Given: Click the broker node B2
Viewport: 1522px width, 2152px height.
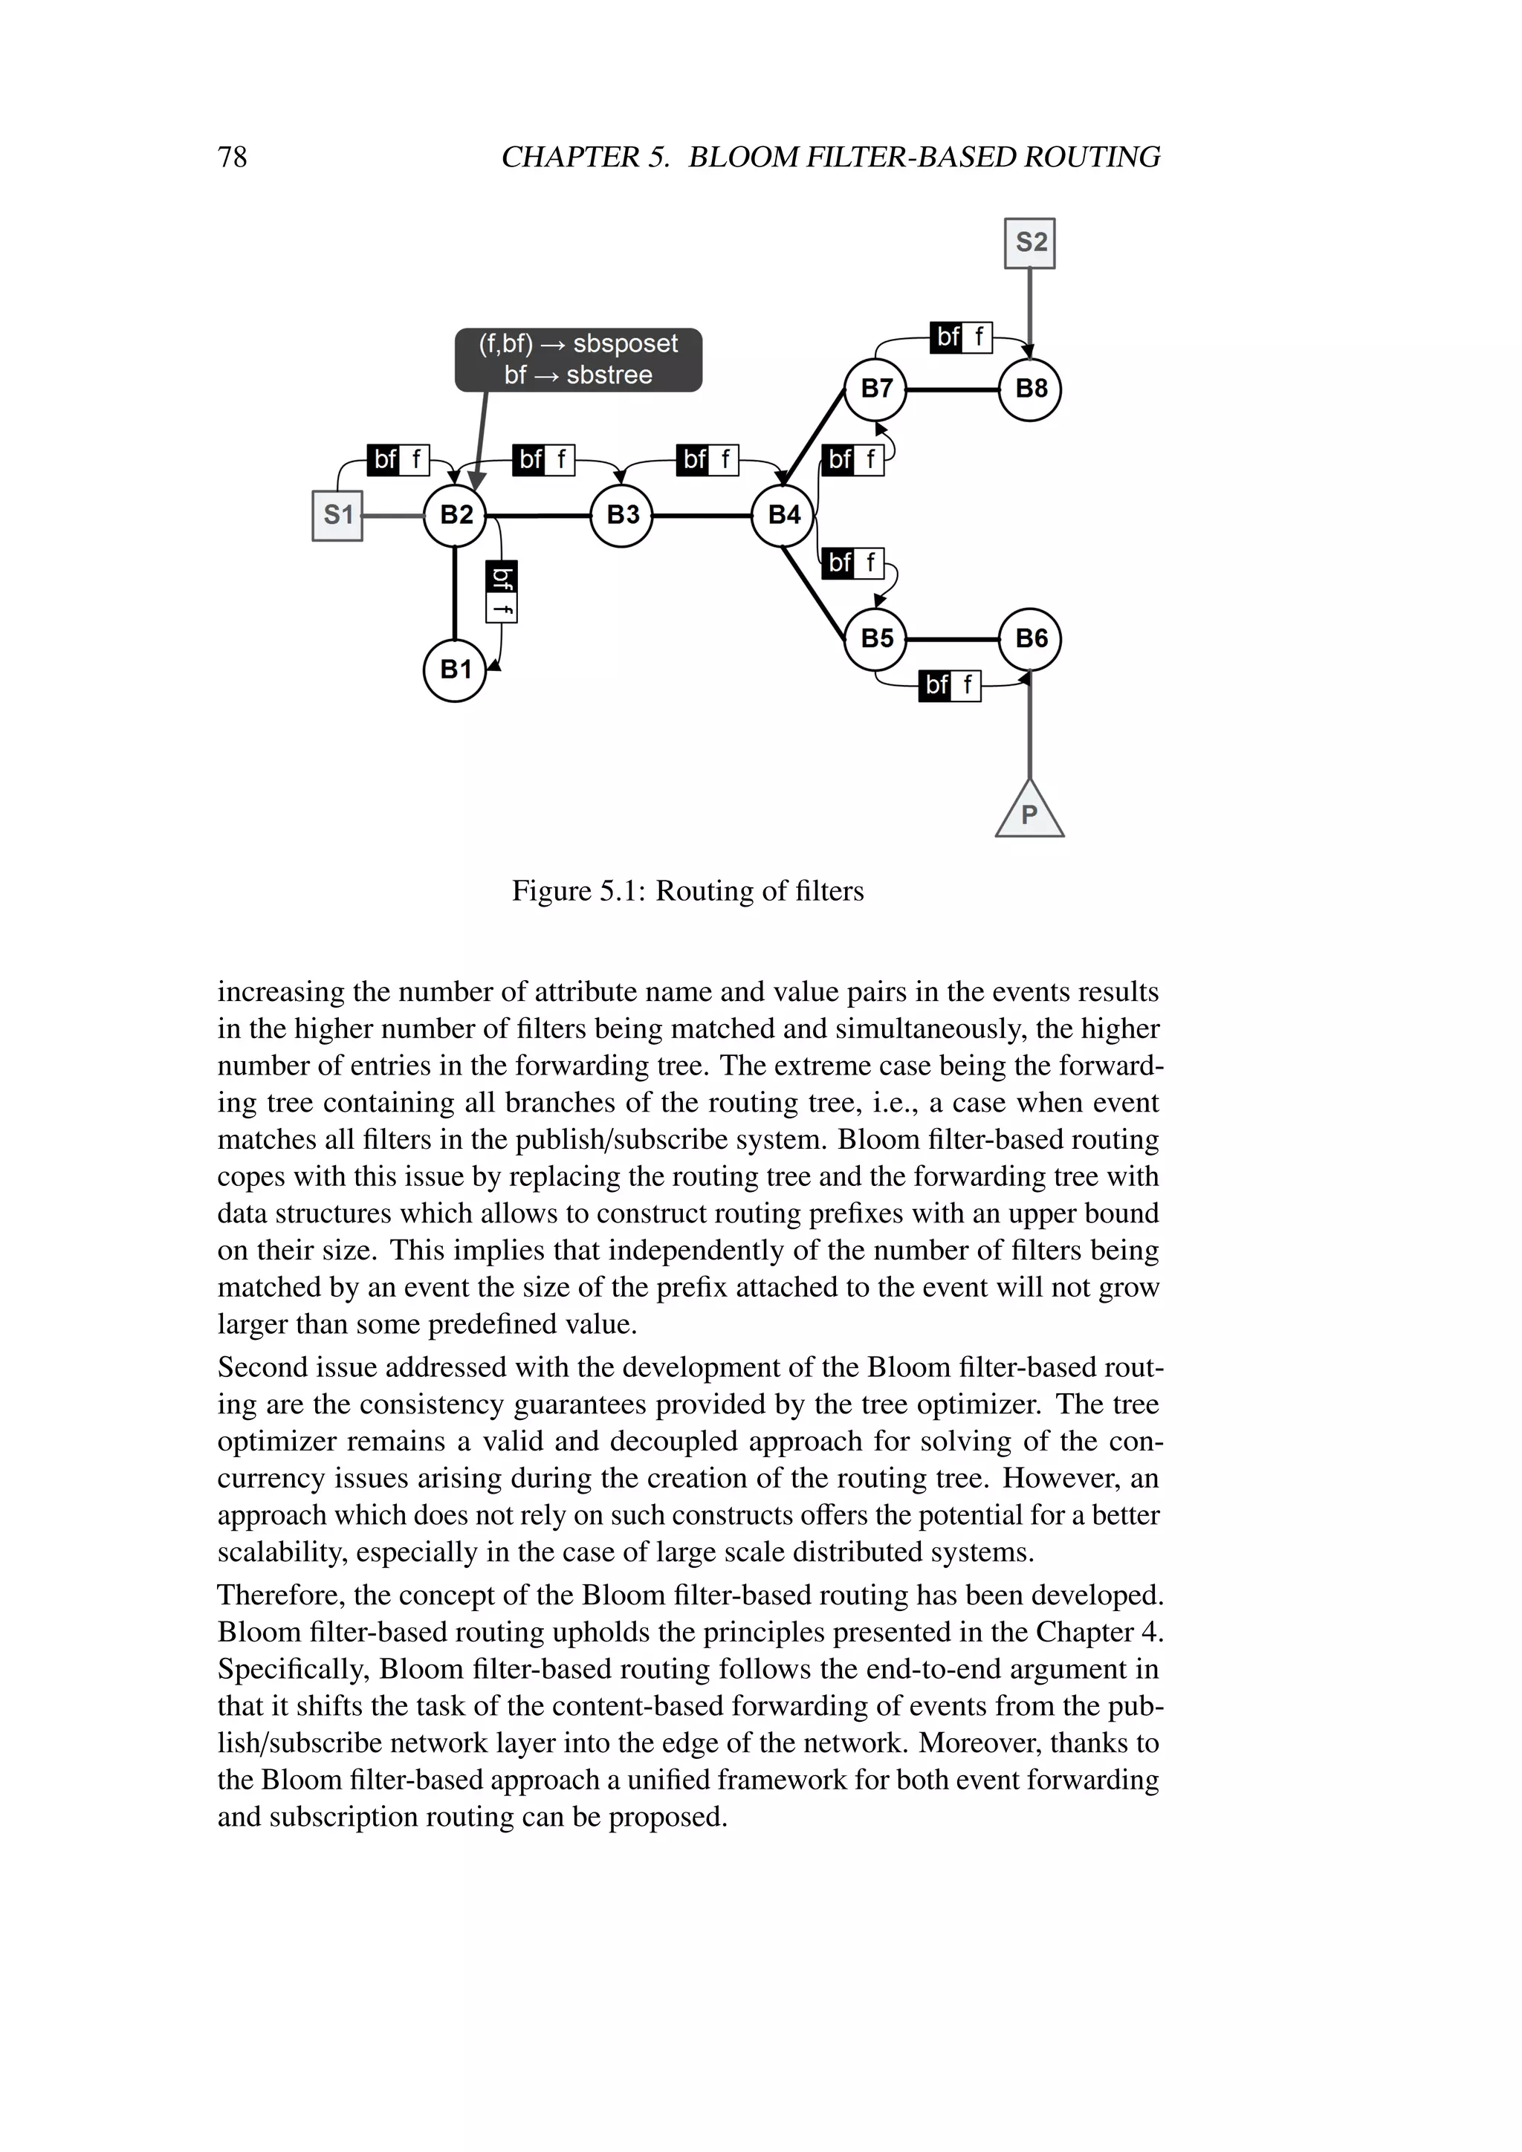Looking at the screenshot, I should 455,514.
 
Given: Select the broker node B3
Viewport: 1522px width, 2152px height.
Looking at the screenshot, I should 622,514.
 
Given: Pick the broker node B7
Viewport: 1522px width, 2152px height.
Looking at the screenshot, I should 875,388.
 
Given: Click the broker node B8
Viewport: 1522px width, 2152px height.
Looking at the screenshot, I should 1030,388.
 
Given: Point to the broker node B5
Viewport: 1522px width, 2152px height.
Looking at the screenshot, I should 875,638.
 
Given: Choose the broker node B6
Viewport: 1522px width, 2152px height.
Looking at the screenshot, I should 1030,638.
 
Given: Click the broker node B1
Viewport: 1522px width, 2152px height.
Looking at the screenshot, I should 455,670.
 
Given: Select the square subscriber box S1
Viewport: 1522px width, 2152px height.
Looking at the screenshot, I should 337,514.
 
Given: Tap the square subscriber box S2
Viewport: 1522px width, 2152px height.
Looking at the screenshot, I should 1030,243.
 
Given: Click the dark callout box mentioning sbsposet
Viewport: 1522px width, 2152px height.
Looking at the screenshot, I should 578,360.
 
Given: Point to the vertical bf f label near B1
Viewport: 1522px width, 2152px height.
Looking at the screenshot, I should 502,592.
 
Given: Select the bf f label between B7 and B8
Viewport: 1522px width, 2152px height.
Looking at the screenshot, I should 961,337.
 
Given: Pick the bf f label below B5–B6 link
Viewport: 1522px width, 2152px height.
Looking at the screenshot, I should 951,685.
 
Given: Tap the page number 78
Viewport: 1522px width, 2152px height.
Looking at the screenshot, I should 233,157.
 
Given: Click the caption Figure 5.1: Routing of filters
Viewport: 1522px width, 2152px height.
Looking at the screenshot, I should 687,890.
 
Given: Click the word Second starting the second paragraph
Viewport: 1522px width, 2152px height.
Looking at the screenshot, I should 263,1367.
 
